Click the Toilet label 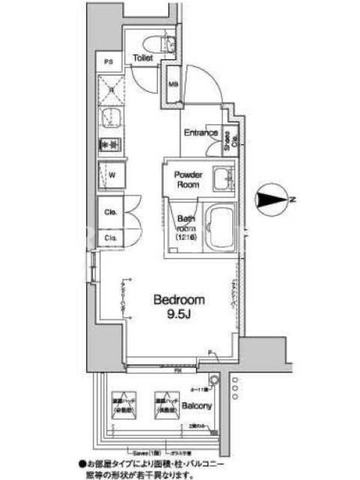pos(143,58)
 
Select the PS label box pos(109,61)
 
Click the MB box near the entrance pos(172,85)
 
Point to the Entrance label pos(200,133)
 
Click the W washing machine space pos(112,175)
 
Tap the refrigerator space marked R pos(112,90)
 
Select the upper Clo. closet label pos(111,212)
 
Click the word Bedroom pos(179,299)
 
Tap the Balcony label pos(197,406)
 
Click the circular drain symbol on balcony pos(213,380)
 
